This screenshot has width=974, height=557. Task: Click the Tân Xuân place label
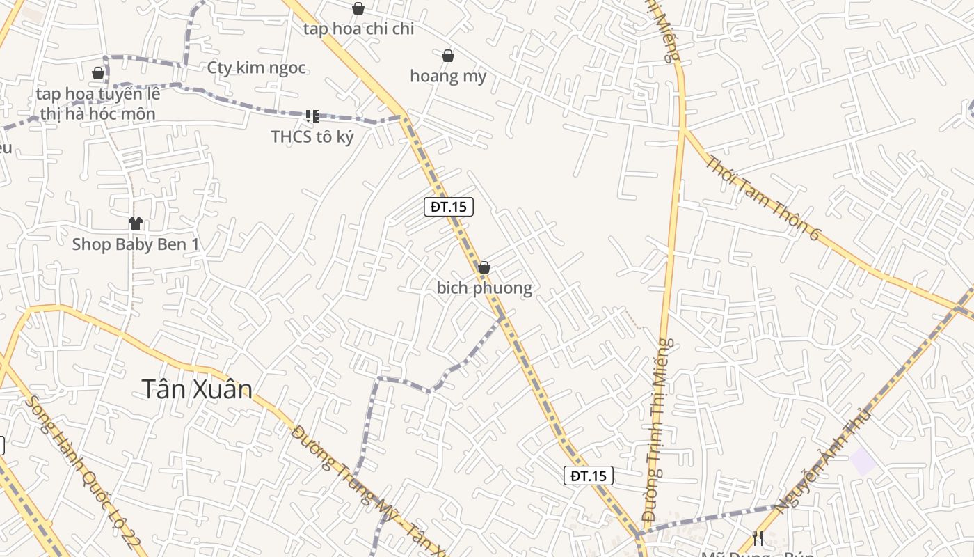197,389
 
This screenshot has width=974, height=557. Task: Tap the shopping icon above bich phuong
484,267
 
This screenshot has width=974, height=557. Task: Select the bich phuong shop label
484,288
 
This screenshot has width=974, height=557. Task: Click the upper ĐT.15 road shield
449,206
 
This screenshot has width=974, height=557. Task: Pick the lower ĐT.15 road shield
589,476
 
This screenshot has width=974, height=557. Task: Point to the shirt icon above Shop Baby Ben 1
135,223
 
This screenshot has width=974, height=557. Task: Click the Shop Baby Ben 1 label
136,244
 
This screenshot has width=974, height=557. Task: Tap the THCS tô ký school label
312,136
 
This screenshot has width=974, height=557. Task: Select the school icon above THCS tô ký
312,116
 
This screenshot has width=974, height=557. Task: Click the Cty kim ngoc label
257,68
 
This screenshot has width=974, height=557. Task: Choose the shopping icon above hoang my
448,56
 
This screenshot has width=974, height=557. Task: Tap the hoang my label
448,76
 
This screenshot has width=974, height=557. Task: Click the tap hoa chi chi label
358,29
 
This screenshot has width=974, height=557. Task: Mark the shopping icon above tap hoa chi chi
358,8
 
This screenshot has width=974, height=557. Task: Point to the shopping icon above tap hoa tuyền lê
98,73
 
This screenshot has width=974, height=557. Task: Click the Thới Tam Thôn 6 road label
763,198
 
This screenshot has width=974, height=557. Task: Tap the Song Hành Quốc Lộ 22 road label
83,473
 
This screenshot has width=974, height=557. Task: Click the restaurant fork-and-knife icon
758,538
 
